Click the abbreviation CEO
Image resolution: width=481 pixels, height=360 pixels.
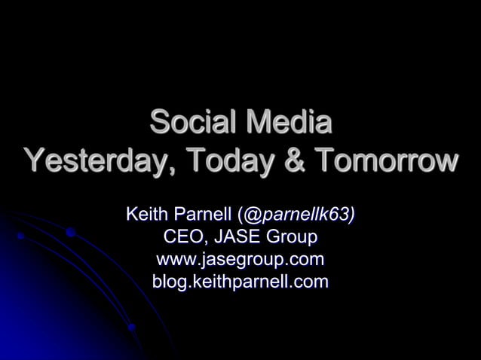(183, 238)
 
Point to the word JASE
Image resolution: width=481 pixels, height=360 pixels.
(239, 238)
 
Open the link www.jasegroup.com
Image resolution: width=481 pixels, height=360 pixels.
(240, 261)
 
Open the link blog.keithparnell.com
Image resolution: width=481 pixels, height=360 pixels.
(240, 283)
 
